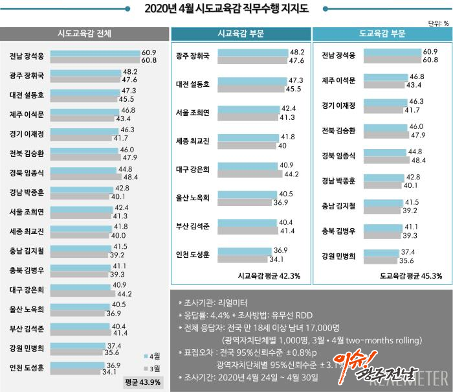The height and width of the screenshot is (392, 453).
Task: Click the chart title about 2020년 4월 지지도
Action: (x=226, y=8)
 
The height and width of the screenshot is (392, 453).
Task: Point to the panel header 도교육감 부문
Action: (x=381, y=34)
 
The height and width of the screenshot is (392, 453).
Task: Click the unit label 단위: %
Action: (x=439, y=22)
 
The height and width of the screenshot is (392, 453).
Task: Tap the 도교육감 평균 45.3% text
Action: (x=412, y=276)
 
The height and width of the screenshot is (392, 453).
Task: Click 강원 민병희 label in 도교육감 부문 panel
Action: (x=339, y=256)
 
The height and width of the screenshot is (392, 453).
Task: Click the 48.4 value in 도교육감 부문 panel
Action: (x=428, y=159)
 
